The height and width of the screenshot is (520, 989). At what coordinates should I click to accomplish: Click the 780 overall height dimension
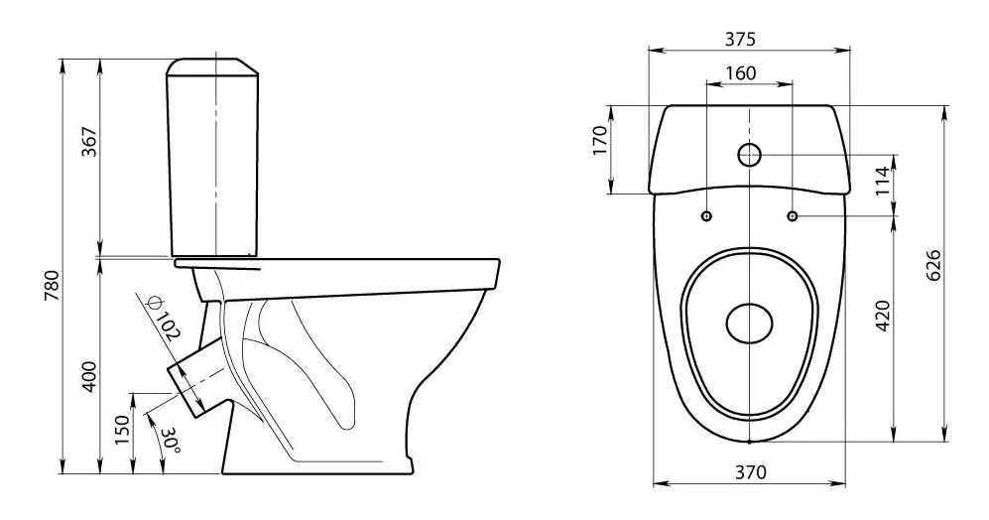pyautogui.click(x=52, y=285)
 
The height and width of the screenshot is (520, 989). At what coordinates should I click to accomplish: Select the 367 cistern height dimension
pyautogui.click(x=88, y=143)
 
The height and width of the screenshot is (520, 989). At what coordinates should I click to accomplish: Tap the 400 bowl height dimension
pyautogui.click(x=89, y=377)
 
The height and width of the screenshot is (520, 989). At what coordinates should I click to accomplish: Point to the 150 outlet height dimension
pyautogui.click(x=124, y=430)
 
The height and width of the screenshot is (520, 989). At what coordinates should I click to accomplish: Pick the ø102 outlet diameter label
pyautogui.click(x=161, y=319)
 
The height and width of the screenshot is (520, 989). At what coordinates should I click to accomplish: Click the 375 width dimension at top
pyautogui.click(x=739, y=39)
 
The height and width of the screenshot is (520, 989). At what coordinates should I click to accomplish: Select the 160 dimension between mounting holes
pyautogui.click(x=740, y=73)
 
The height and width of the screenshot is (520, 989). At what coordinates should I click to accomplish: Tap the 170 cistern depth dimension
pyautogui.click(x=600, y=140)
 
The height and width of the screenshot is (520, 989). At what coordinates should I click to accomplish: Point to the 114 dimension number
pyautogui.click(x=883, y=181)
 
